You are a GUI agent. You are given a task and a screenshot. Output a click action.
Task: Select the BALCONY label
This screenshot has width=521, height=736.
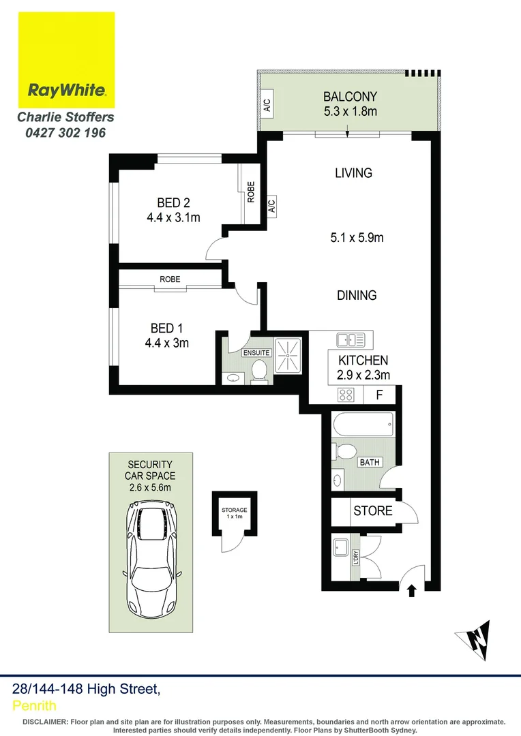pyautogui.click(x=350, y=97)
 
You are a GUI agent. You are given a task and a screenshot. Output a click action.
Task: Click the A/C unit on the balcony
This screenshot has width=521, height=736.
pyautogui.click(x=267, y=106)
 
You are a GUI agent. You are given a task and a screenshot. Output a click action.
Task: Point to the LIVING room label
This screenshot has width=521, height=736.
pyautogui.click(x=353, y=173)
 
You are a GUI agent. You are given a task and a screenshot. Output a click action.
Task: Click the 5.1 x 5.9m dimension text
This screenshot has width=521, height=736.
pyautogui.click(x=357, y=238)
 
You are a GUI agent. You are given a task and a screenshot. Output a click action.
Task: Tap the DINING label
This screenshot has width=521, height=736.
pyautogui.click(x=356, y=295)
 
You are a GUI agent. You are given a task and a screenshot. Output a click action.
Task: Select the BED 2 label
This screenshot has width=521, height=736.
pyautogui.click(x=173, y=202)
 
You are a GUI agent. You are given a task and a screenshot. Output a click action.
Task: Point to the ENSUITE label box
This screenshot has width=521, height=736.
pyautogui.click(x=256, y=353)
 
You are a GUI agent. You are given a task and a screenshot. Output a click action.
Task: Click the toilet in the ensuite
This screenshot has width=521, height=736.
pyautogui.click(x=258, y=371)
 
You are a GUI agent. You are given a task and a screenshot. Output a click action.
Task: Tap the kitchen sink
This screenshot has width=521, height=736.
pyautogui.click(x=353, y=339)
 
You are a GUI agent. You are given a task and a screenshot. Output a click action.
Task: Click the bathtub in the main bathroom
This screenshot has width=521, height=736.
pyautogui.click(x=362, y=426)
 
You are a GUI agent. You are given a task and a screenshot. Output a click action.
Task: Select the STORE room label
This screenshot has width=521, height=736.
pyautogui.click(x=372, y=510)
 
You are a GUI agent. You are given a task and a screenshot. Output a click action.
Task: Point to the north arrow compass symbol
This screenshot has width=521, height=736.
pyautogui.click(x=475, y=639)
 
